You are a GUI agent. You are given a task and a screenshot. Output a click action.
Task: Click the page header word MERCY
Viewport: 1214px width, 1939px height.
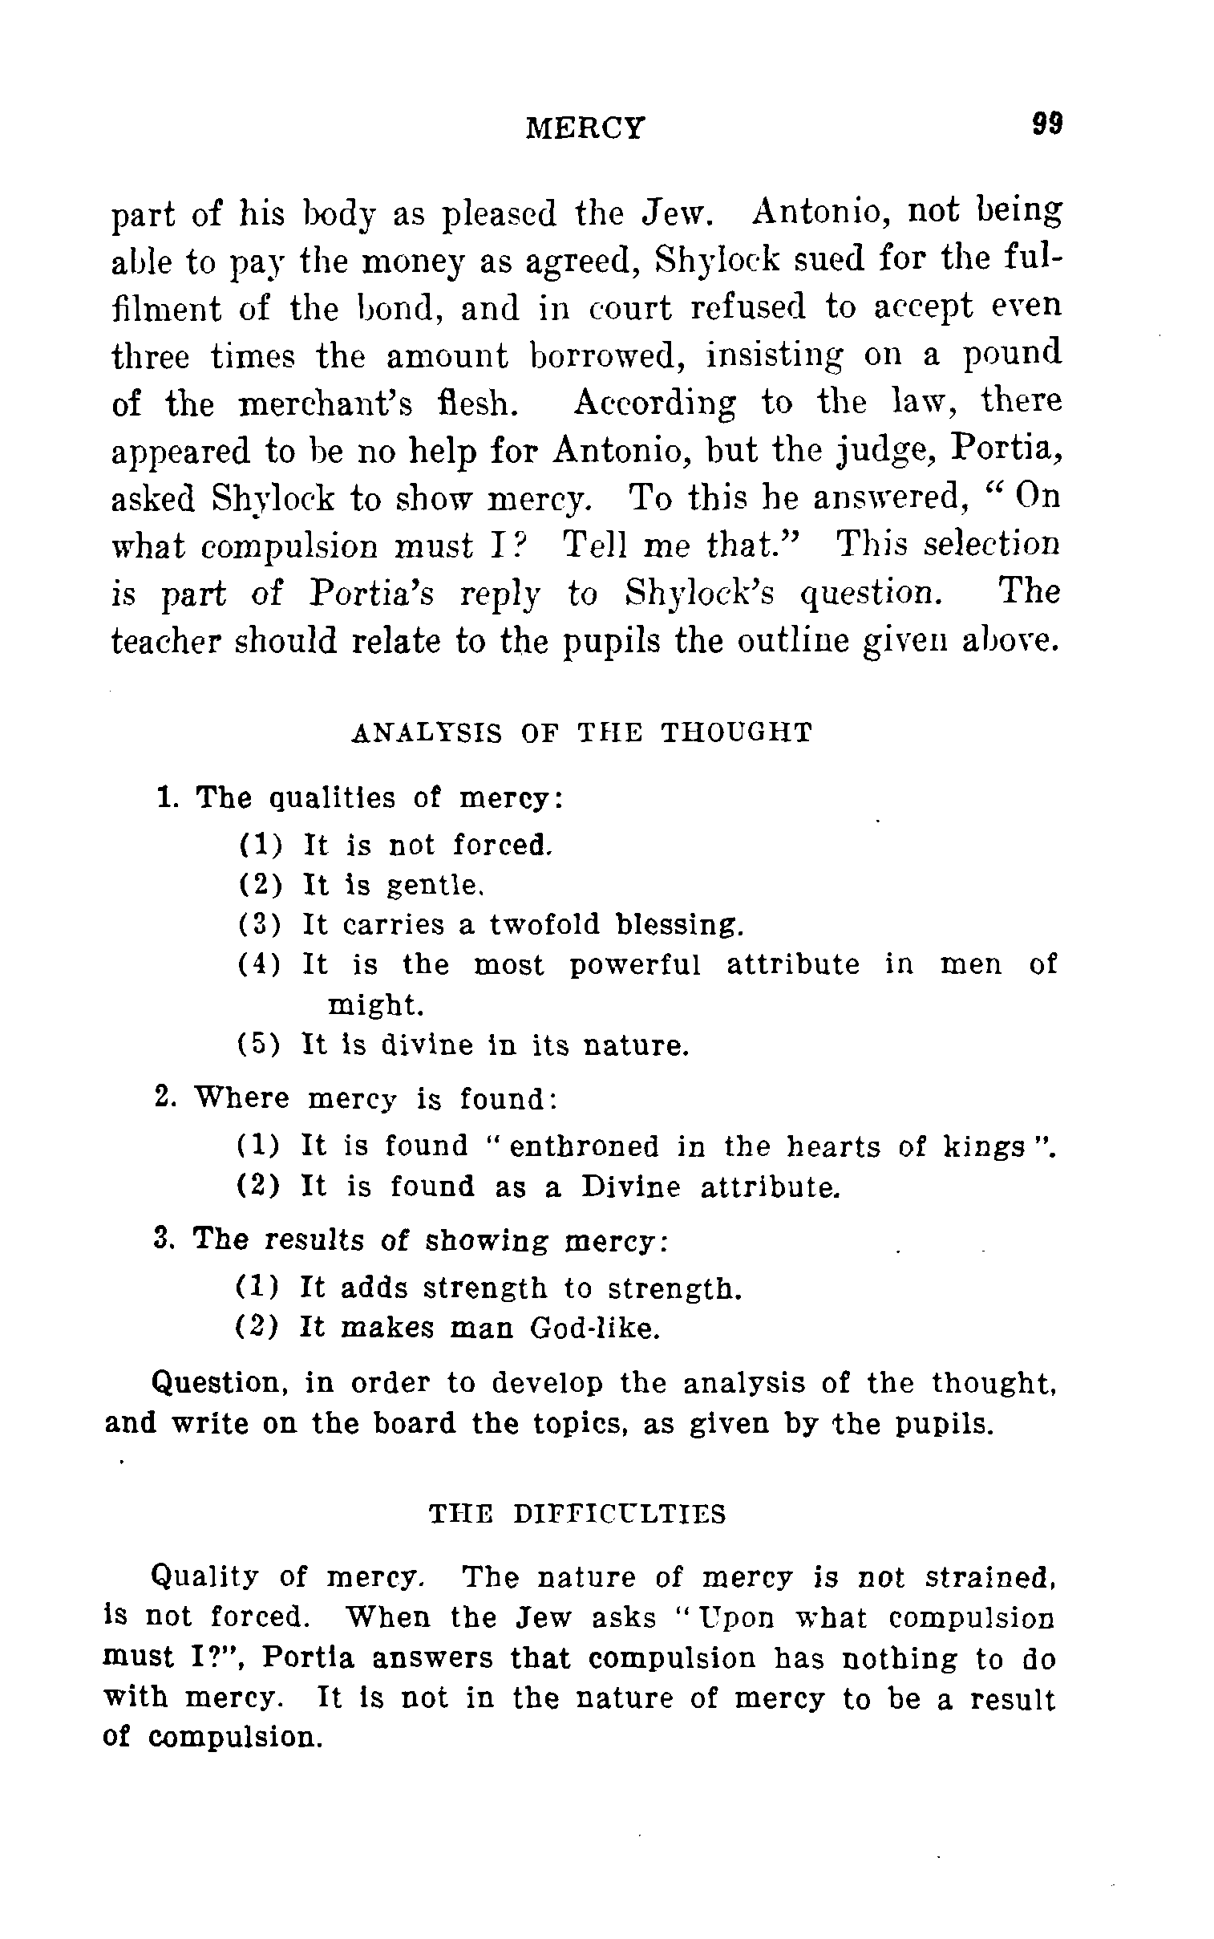pyautogui.click(x=585, y=128)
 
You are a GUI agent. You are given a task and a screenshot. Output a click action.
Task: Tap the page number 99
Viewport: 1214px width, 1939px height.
pyautogui.click(x=1048, y=124)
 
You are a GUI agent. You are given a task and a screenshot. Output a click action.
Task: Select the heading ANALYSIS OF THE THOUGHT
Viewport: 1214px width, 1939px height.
pyautogui.click(x=582, y=732)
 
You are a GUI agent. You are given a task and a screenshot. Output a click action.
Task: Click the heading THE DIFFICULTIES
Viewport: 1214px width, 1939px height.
pyautogui.click(x=577, y=1514)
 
